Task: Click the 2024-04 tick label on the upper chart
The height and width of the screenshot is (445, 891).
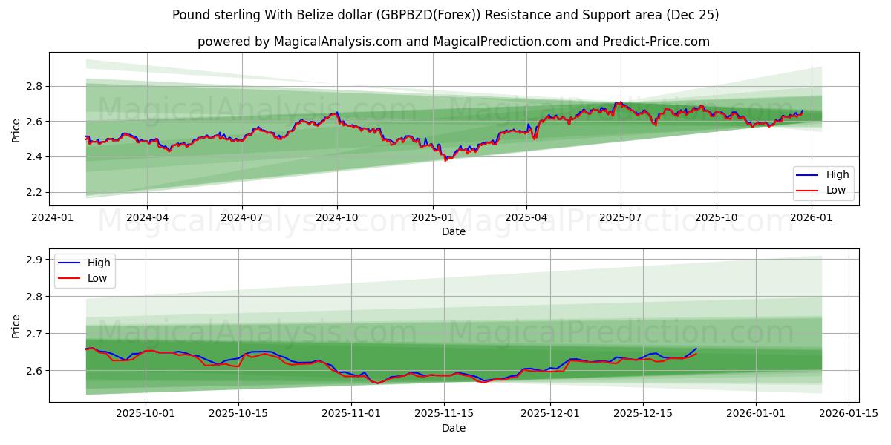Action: pyautogui.click(x=146, y=217)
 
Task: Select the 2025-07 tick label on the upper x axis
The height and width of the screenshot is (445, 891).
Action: pyautogui.click(x=621, y=217)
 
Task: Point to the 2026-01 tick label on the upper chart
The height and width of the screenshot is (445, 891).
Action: pyautogui.click(x=812, y=217)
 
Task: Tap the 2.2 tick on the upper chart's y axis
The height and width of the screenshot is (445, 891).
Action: pyautogui.click(x=34, y=192)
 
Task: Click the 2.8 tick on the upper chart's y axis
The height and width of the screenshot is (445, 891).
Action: pyautogui.click(x=34, y=87)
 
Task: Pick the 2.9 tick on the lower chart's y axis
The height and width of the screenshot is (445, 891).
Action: pyautogui.click(x=34, y=260)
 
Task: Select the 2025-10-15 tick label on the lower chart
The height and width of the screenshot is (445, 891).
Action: pyautogui.click(x=238, y=414)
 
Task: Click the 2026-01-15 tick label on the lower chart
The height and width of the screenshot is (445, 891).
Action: pyautogui.click(x=848, y=414)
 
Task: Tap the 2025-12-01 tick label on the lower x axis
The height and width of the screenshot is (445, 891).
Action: pyautogui.click(x=550, y=414)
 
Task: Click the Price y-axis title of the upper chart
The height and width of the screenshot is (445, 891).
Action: pyautogui.click(x=16, y=131)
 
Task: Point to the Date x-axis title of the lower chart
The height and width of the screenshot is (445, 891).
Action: pyautogui.click(x=454, y=428)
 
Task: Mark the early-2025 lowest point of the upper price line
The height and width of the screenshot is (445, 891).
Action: pyautogui.click(x=446, y=159)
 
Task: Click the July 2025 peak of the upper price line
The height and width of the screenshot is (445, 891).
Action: pyautogui.click(x=616, y=102)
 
